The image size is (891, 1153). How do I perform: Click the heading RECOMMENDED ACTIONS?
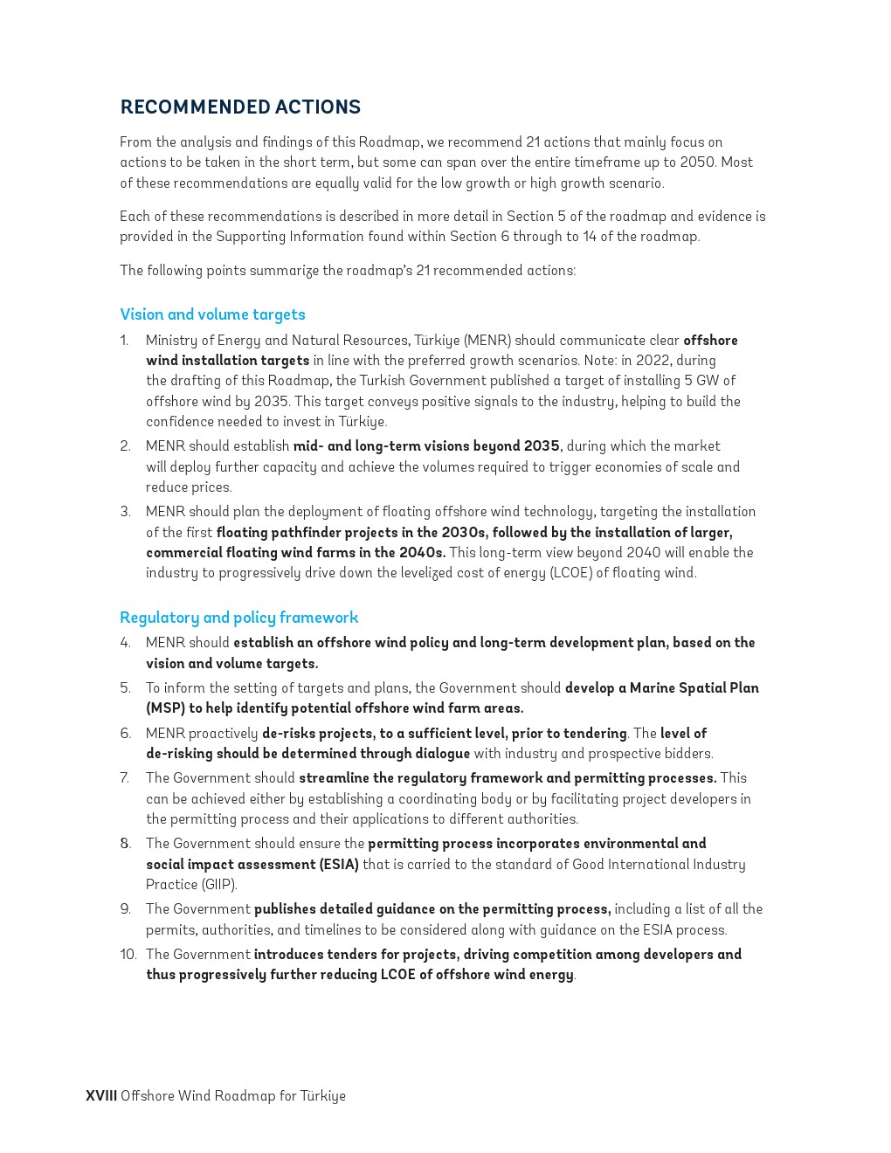click(x=240, y=107)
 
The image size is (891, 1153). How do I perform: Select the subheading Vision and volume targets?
click(x=212, y=314)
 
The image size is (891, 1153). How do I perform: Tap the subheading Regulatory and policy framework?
click(x=238, y=618)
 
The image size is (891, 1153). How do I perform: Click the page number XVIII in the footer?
click(x=100, y=1095)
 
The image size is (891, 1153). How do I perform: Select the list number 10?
click(x=128, y=955)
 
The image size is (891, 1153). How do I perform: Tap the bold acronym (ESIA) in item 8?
click(x=328, y=865)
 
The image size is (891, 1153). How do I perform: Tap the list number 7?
click(x=125, y=778)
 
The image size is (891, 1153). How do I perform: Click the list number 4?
click(x=125, y=643)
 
